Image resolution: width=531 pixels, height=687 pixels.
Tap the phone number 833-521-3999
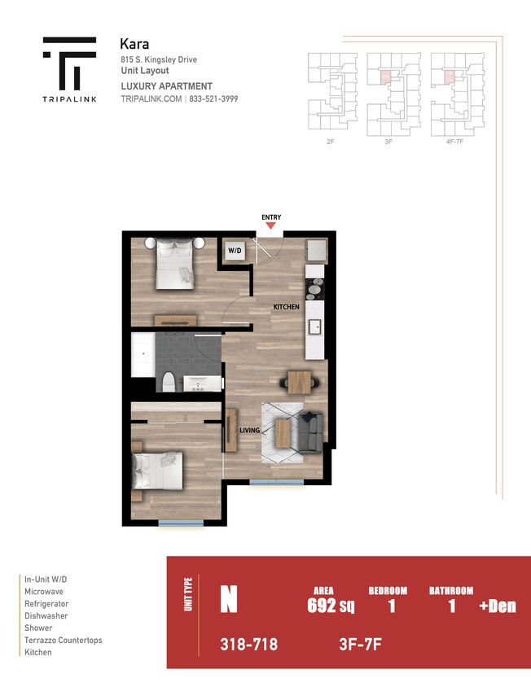point(214,98)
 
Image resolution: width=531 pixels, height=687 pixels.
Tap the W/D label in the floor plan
point(235,251)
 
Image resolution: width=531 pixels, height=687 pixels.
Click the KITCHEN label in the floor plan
point(286,307)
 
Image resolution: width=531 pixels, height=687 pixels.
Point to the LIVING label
point(248,431)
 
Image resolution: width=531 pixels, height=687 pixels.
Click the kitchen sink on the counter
point(314,329)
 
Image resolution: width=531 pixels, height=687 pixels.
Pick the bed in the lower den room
point(158,473)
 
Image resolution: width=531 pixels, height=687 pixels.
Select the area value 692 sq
point(330,606)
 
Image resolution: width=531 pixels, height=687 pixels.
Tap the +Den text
point(497,606)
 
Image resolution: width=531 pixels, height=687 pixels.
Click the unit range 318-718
point(248,645)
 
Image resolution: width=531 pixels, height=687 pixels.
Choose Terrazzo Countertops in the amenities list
point(64,641)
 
